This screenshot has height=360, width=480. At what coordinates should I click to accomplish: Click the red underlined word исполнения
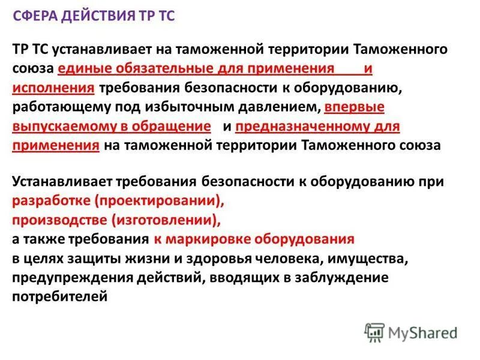[53, 88]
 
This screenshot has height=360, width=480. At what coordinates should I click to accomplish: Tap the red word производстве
[55, 220]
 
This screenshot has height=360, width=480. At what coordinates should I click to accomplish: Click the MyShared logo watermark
[411, 332]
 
